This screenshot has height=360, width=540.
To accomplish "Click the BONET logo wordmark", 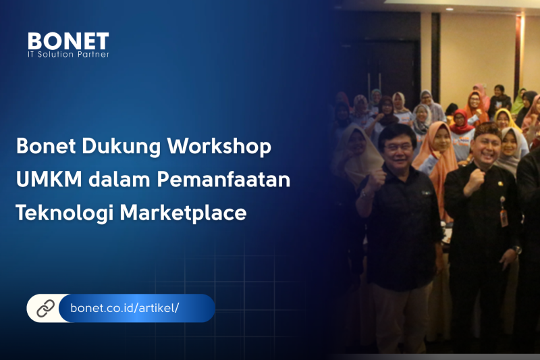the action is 68,41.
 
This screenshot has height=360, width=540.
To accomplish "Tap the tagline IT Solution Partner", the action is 69,55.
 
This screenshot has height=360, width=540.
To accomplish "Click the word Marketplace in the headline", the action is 183,213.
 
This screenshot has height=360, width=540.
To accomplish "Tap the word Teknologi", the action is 65,213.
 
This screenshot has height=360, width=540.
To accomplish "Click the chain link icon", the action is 45,308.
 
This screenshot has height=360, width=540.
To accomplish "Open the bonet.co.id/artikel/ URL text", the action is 124,307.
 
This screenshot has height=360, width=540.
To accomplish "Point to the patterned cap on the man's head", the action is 487,130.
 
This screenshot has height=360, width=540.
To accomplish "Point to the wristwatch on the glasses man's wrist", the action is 364,194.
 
